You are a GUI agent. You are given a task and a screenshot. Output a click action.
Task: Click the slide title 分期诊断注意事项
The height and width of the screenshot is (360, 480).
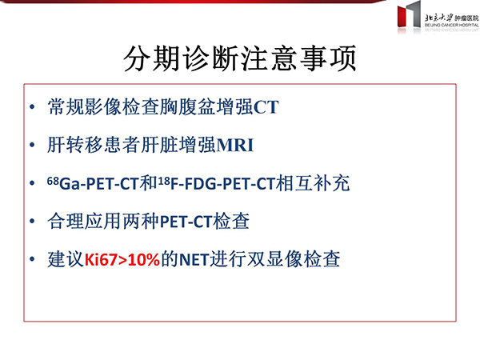click(x=240, y=58)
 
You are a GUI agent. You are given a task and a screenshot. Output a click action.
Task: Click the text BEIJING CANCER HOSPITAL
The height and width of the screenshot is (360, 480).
click(x=451, y=25)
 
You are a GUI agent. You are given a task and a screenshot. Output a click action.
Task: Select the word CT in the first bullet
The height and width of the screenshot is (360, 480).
click(x=266, y=107)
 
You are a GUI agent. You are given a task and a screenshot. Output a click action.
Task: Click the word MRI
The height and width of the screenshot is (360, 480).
click(x=234, y=145)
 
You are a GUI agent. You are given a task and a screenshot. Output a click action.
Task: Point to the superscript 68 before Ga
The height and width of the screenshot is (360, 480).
click(x=53, y=181)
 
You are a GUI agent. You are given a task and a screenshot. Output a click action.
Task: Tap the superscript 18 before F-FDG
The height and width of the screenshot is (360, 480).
click(x=164, y=181)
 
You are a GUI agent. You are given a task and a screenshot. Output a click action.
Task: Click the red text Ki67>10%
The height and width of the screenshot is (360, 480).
click(x=122, y=259)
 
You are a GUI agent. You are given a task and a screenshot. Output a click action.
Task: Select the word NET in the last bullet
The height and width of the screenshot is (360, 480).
click(x=194, y=259)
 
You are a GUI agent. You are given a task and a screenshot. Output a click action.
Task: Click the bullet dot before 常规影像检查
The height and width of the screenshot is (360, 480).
click(x=32, y=107)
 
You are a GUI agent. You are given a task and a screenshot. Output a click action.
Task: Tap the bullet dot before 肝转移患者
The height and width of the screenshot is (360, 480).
click(x=32, y=145)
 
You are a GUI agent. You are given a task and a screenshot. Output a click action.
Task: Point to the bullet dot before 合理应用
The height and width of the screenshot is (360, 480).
click(x=32, y=221)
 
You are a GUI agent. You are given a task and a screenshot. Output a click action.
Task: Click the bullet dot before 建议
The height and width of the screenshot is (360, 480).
click(x=32, y=259)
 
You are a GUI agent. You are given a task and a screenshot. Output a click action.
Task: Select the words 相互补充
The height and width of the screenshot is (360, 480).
click(x=313, y=183)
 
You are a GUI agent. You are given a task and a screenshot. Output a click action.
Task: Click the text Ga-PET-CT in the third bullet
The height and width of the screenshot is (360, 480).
click(x=99, y=184)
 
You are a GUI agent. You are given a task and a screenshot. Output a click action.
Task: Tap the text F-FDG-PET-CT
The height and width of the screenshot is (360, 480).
click(x=222, y=184)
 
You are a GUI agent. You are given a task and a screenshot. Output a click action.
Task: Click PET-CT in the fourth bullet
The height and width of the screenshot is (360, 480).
click(x=186, y=222)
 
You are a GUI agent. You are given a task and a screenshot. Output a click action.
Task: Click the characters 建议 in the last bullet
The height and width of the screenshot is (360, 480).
click(x=66, y=259)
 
